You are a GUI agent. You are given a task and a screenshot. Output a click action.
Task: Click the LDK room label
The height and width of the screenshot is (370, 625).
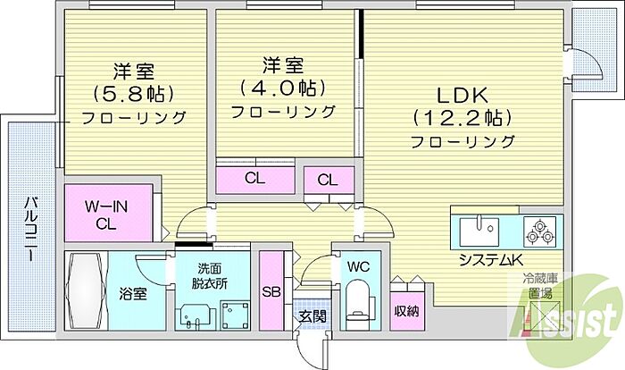click(x=462, y=95)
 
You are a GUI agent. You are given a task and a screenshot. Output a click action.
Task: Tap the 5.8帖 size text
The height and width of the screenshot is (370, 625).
click(x=134, y=94)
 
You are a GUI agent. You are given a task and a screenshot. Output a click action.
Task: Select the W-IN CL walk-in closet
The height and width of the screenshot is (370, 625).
click(x=108, y=213)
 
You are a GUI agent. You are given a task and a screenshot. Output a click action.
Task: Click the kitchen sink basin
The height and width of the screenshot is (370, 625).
click(x=479, y=231)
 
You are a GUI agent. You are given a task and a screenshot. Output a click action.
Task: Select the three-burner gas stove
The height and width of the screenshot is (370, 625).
click(x=540, y=231)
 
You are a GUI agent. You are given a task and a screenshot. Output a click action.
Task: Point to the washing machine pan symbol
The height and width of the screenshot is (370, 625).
click(x=236, y=315)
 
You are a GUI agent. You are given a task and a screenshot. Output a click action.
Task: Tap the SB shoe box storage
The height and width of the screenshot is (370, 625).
click(x=271, y=290)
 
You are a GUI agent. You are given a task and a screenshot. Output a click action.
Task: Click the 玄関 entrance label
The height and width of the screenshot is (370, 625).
click(x=312, y=316)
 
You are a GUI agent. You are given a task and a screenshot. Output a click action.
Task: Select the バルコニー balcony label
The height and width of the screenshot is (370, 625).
click(x=31, y=229)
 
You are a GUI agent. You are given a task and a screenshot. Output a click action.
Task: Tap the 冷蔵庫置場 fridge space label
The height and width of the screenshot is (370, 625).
click(x=540, y=286)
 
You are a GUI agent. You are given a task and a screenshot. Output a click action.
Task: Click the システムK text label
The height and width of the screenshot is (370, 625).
click(x=491, y=260)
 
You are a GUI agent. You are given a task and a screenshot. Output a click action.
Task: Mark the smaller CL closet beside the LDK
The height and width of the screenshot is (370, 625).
click(x=329, y=181)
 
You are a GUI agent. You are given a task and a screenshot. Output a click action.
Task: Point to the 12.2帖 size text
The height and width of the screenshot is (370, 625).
click(x=462, y=118)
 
